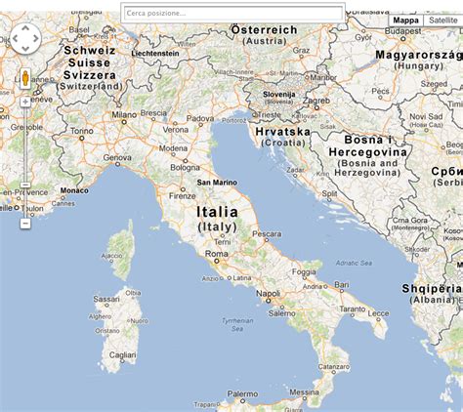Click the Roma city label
[x=216, y=255]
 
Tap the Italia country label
[x=217, y=211]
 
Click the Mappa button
[x=404, y=20]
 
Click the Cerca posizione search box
[x=231, y=14]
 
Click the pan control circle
[x=24, y=39]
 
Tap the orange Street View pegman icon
[x=25, y=79]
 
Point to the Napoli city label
[x=268, y=292]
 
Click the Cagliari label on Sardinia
[x=123, y=356]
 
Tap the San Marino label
[x=217, y=182]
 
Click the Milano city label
[x=124, y=114]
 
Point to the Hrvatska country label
[x=282, y=131]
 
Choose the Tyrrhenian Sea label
[x=236, y=320]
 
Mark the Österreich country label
[x=264, y=30]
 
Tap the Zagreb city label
[x=315, y=100]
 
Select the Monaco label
[x=73, y=190]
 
